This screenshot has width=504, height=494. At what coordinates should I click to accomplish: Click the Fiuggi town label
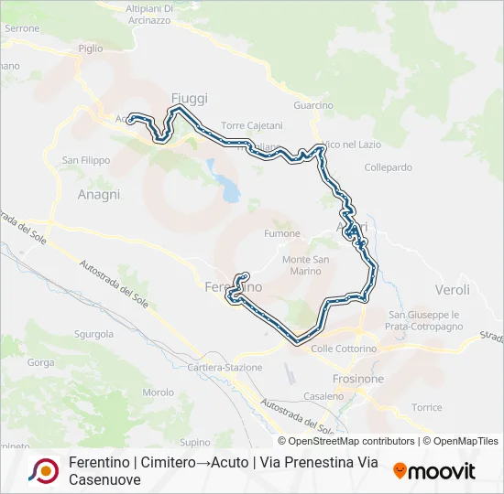190,98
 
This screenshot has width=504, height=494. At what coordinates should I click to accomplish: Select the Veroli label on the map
453,289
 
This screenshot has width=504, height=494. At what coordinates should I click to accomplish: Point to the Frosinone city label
358,378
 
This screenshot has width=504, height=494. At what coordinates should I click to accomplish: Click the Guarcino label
313,105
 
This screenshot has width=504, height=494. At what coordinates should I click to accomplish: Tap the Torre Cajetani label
252,125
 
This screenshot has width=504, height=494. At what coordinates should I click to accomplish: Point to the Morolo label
159,392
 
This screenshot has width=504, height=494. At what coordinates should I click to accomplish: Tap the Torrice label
427,407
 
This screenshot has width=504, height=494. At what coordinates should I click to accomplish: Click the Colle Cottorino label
344,349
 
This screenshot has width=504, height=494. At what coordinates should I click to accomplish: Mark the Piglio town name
91,48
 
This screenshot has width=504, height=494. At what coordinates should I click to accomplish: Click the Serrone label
22,28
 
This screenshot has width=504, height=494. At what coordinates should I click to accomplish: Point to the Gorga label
41,362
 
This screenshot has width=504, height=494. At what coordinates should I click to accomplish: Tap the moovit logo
434,471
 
